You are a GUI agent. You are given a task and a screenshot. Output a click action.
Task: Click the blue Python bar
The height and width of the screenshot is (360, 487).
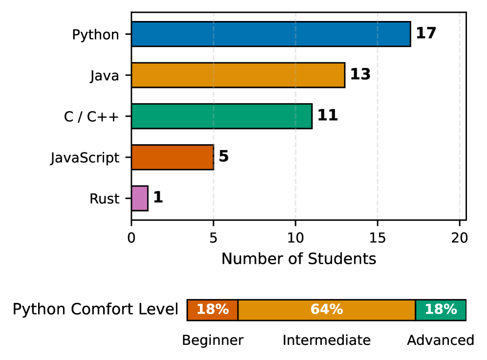pos(271,34)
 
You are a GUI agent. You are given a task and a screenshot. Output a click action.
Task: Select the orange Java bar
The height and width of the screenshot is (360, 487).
pos(238,75)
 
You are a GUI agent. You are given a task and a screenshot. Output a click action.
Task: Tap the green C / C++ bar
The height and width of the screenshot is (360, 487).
pos(221,116)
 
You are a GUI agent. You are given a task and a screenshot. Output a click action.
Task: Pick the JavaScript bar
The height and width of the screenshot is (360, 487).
pos(172,157)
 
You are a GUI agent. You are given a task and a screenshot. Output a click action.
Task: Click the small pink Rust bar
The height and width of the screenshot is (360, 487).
pos(140,198)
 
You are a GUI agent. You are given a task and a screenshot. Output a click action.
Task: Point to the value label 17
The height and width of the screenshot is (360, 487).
pos(426,34)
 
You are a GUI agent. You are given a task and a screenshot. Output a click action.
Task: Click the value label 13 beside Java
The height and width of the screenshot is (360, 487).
pos(360,75)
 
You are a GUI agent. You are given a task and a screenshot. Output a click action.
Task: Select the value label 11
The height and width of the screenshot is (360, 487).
pos(328,116)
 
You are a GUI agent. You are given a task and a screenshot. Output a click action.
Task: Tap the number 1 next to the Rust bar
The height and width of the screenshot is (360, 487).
pos(158,198)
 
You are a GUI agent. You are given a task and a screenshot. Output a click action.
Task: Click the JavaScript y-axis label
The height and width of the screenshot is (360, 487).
pos(85,158)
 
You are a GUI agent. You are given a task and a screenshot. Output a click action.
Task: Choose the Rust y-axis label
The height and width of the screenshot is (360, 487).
pos(105,199)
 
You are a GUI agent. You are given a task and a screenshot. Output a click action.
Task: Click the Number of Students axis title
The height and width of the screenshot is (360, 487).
pos(299,259)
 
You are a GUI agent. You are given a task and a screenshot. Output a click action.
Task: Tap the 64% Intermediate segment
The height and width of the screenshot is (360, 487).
pos(326,310)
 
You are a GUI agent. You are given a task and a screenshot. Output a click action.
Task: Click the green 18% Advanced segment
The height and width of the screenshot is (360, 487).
pos(441,310)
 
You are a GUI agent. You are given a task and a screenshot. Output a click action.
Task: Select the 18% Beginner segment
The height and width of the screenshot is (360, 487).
pos(212,310)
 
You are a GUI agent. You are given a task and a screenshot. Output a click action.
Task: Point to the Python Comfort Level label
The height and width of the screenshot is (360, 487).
pos(95,310)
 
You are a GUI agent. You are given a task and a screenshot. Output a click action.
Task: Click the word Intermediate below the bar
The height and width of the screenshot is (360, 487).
pos(326,340)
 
